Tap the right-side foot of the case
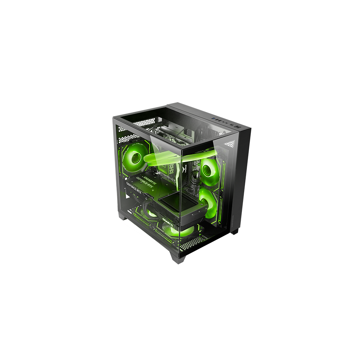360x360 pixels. pyautogui.click(x=235, y=231)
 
